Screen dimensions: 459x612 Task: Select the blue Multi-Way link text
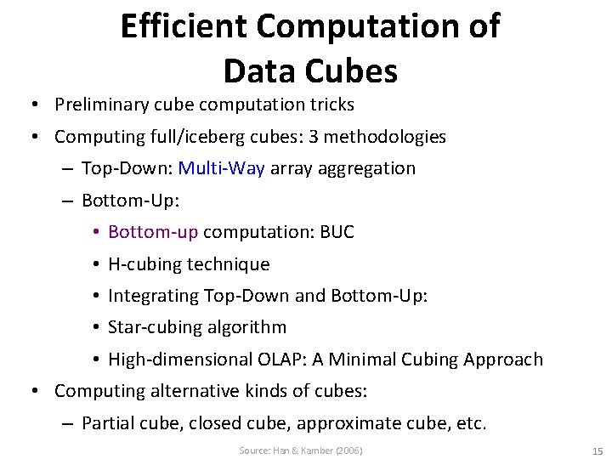tap(223, 168)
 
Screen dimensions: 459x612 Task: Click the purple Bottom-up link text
tap(153, 232)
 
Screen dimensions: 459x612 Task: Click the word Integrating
tap(154, 296)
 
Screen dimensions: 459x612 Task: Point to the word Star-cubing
tap(151, 327)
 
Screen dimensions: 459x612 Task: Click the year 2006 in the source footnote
tap(348, 450)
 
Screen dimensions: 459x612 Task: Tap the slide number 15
tap(597, 450)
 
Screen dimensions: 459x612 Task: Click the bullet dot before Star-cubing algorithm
tap(99, 327)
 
